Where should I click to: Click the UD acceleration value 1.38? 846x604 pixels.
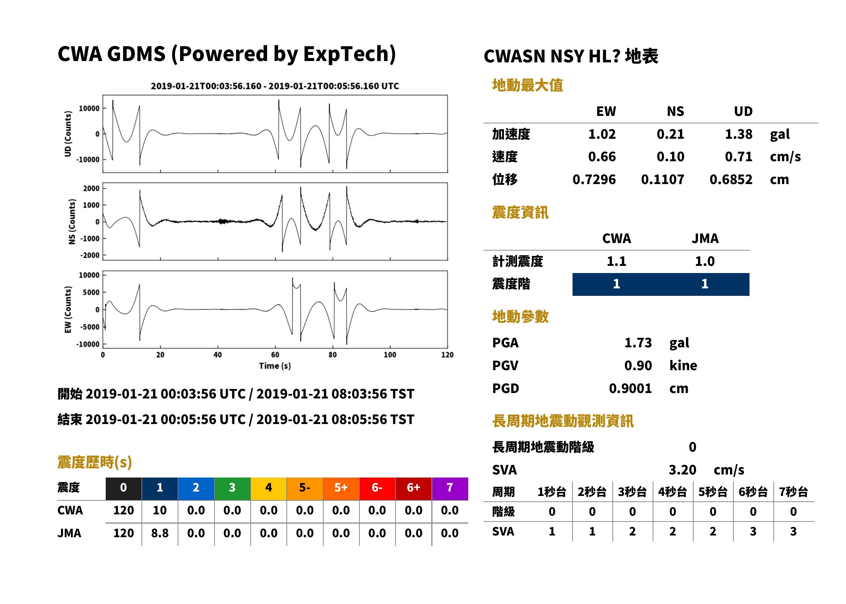click(739, 134)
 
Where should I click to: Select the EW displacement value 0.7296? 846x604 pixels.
click(594, 180)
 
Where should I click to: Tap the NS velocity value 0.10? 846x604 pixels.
click(670, 157)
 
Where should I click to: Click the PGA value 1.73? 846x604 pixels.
click(638, 343)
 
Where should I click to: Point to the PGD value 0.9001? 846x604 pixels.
click(630, 388)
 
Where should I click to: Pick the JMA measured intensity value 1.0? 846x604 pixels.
click(704, 261)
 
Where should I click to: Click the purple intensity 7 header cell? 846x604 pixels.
click(450, 488)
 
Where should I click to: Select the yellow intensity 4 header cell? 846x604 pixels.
click(269, 488)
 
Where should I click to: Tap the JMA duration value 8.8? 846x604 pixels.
click(160, 533)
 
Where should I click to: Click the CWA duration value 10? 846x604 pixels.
click(160, 510)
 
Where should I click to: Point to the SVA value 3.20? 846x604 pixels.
click(682, 470)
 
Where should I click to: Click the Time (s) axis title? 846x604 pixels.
click(275, 366)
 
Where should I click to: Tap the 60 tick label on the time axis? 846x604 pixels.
click(275, 355)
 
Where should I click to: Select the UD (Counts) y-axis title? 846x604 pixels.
click(68, 134)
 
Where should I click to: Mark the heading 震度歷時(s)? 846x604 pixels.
click(95, 462)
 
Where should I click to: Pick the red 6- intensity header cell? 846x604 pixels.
click(377, 488)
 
